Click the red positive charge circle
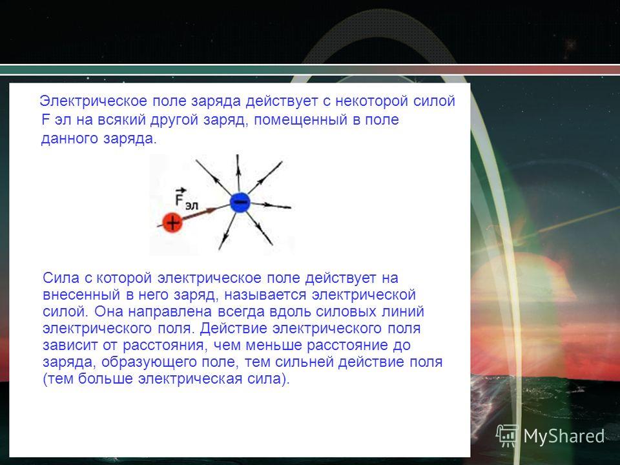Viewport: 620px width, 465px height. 172,223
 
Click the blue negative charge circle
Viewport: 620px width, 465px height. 240,202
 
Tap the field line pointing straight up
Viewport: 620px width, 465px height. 238,173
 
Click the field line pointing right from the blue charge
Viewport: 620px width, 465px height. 271,205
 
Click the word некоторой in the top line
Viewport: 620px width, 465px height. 372,101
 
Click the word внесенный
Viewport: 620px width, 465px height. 81,295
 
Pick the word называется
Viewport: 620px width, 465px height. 265,295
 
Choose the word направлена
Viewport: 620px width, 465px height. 170,311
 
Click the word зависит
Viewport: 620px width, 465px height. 70,345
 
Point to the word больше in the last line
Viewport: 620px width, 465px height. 105,379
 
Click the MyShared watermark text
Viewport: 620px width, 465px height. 564,437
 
